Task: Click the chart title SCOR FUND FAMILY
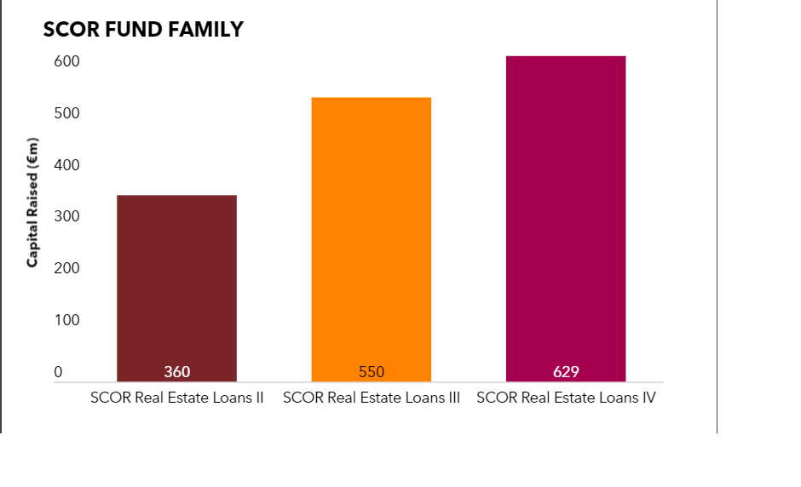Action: click(143, 30)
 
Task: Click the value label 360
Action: click(176, 372)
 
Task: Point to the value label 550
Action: click(371, 372)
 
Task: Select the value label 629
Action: click(566, 372)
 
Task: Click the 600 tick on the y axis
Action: click(67, 62)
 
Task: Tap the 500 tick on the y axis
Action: click(67, 113)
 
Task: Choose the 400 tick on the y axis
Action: click(67, 165)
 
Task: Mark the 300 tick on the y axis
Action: click(67, 217)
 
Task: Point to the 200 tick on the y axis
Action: click(67, 268)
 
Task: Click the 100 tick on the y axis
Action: click(67, 320)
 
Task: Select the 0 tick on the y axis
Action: click(59, 372)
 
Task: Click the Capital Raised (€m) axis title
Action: click(32, 201)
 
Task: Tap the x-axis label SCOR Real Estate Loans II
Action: click(176, 398)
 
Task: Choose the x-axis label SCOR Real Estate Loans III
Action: click(371, 398)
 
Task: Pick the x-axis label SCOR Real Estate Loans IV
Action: click(566, 398)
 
